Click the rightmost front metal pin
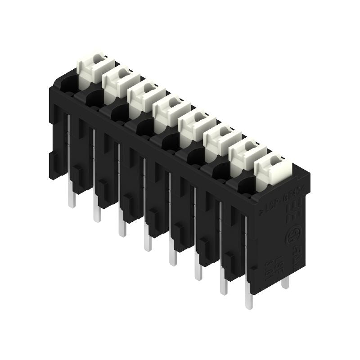point(249,297)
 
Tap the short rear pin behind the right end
point(285,283)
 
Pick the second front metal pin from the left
point(96,211)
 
